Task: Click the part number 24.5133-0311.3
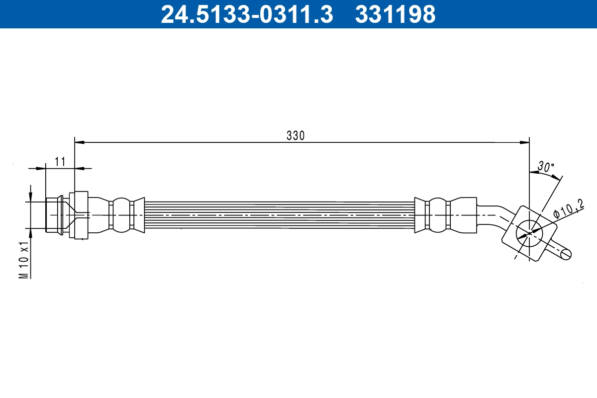tap(246, 14)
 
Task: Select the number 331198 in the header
tap(395, 14)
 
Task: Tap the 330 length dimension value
tap(295, 135)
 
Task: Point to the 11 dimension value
tap(60, 162)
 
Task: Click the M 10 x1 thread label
tap(23, 260)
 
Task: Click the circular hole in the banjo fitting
tap(528, 231)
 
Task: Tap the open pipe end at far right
tap(566, 254)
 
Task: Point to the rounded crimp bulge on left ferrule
tap(119, 215)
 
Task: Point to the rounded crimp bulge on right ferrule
tap(437, 215)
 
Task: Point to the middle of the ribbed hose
tap(279, 215)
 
